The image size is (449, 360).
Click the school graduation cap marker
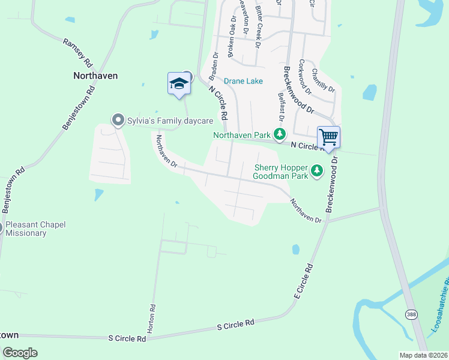(x=179, y=83)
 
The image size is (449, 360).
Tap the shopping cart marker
(x=328, y=137)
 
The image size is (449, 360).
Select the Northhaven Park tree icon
(x=279, y=134)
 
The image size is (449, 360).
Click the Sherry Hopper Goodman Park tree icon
(x=317, y=172)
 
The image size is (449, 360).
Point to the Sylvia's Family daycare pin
(x=118, y=121)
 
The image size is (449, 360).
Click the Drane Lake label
(x=243, y=81)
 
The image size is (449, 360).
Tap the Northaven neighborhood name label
(x=95, y=76)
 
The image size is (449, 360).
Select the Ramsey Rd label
(x=79, y=52)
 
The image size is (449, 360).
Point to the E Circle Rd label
(x=305, y=281)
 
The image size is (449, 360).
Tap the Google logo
(x=20, y=352)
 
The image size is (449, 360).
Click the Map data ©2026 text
(x=423, y=355)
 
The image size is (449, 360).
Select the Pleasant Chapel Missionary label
(x=36, y=229)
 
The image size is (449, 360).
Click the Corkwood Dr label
(x=305, y=77)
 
